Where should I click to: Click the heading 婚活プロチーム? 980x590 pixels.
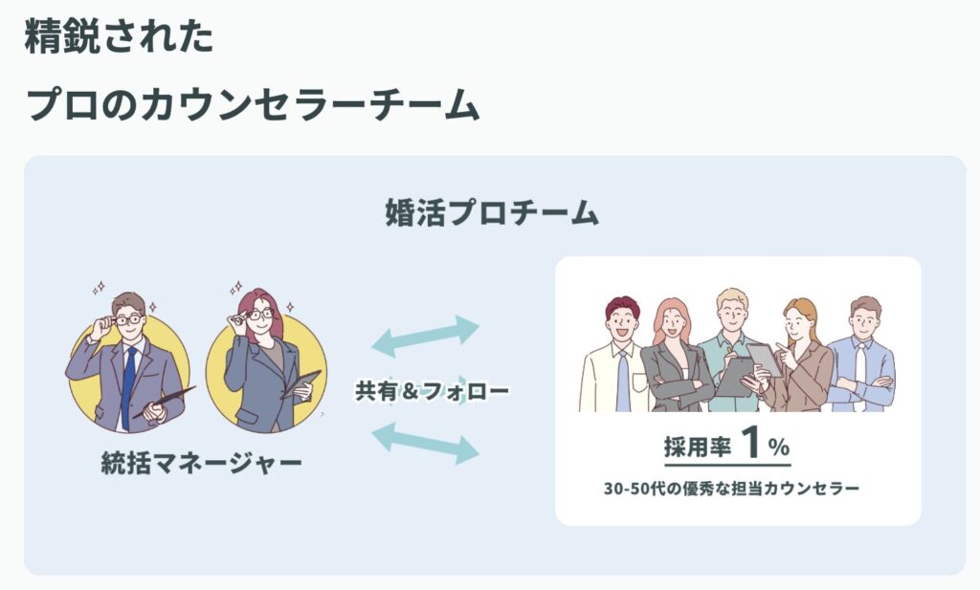click(491, 212)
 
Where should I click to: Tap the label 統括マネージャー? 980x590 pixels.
click(201, 465)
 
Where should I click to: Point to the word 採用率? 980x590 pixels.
click(696, 447)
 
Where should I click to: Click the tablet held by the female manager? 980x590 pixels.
click(302, 382)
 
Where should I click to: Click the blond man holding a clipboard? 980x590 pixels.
click(730, 349)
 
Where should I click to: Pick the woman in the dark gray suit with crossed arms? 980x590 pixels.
click(674, 359)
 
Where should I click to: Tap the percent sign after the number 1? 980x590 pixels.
click(778, 448)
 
